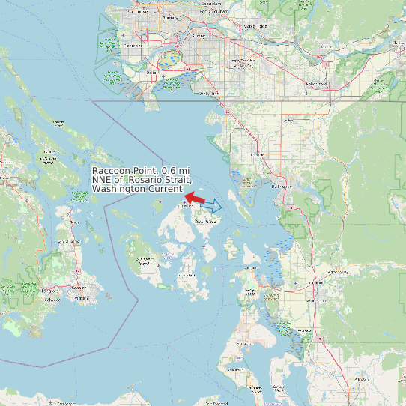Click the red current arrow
click(195, 199)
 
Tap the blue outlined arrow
click(212, 204)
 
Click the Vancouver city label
click(138, 13)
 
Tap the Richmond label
click(133, 46)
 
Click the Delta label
click(152, 73)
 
